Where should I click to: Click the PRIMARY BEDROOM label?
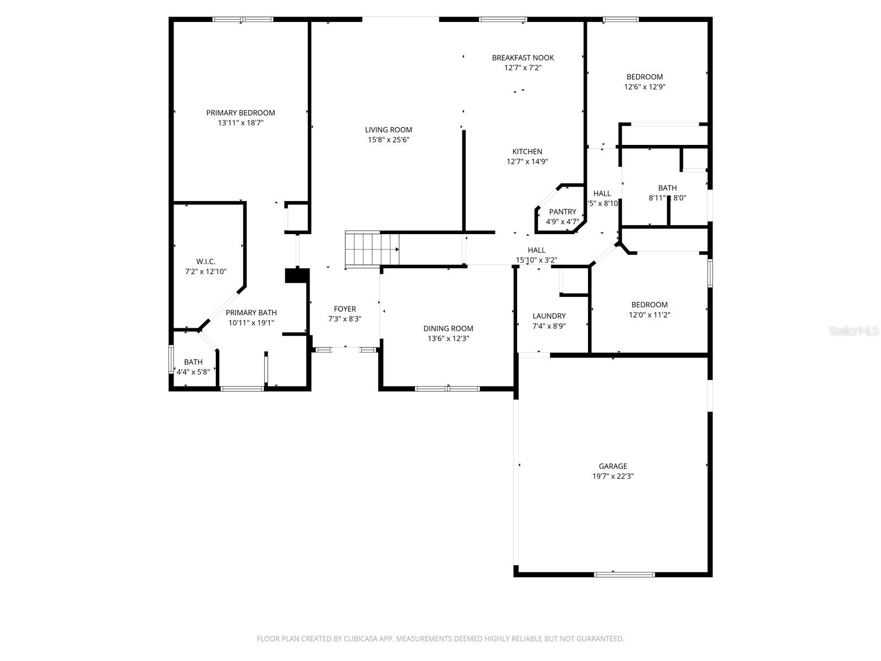(x=241, y=113)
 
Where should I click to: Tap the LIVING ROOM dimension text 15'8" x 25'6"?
(x=389, y=140)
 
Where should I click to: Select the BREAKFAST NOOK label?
(x=523, y=58)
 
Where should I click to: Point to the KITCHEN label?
(x=527, y=151)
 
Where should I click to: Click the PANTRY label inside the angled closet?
(x=562, y=212)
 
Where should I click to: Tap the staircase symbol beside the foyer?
(x=371, y=250)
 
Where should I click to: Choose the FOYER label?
(x=345, y=309)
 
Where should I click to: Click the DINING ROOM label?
(x=448, y=328)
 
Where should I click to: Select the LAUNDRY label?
(x=549, y=316)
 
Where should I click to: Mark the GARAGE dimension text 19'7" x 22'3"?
(x=613, y=476)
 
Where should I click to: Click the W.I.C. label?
(x=206, y=262)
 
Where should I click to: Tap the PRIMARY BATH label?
(x=251, y=313)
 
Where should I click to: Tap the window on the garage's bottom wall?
(x=624, y=575)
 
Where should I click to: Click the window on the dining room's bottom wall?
(x=447, y=389)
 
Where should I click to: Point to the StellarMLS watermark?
(x=853, y=331)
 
